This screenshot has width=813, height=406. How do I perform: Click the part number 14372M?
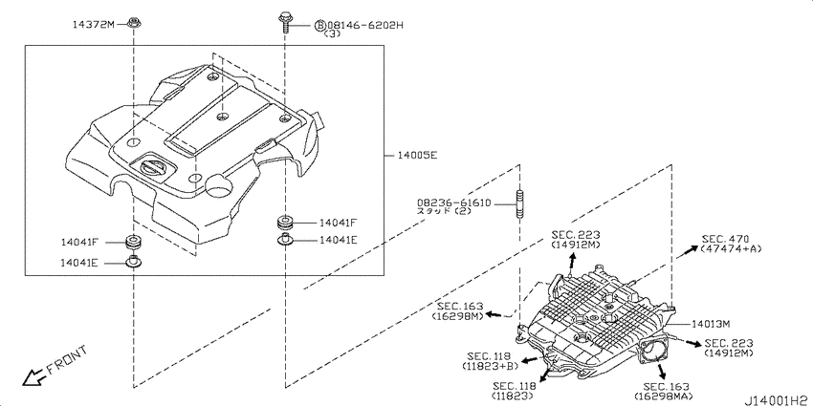pos(94,23)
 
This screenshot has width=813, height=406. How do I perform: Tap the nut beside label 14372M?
pos(134,23)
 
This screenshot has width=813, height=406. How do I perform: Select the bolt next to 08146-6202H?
pos(285,23)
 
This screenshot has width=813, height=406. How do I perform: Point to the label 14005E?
pos(417,155)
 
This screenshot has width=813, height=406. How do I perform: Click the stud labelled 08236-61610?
pos(519,205)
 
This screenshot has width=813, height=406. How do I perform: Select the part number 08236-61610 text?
pos(453,203)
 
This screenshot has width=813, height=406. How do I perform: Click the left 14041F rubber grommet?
pos(134,243)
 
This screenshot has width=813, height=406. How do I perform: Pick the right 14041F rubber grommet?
pos(285,223)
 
